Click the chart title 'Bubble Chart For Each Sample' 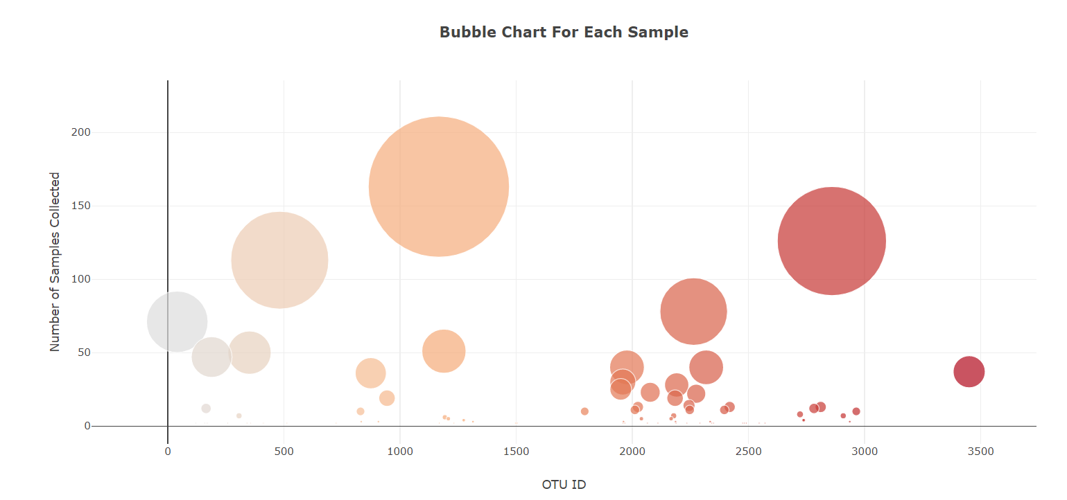564,32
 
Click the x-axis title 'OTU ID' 564,484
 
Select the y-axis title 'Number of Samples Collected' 55,262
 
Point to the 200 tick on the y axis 80,132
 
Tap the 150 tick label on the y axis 80,206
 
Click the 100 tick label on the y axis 80,279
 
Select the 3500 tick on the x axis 980,452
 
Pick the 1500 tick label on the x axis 516,452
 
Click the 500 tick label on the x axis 284,452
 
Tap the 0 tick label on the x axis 168,452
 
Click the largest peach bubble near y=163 439,186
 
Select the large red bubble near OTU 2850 831,240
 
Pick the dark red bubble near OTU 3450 969,372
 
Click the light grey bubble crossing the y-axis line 177,322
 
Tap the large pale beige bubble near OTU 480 279,260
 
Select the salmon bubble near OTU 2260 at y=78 693,312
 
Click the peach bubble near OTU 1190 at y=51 444,351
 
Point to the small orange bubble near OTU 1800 584,411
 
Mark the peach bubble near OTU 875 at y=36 371,373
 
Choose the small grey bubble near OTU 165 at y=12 206,409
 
